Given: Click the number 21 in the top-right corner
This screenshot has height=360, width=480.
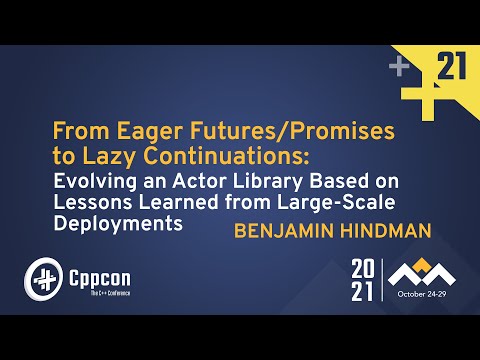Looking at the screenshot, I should pyautogui.click(x=453, y=68).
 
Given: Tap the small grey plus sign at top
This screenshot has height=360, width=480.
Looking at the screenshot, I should pyautogui.click(x=400, y=67).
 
